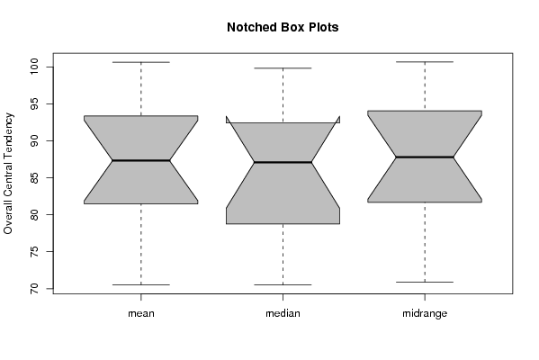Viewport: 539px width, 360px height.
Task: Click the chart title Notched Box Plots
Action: click(283, 27)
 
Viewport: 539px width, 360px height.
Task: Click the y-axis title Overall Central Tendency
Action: click(8, 174)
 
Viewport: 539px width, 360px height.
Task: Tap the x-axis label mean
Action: click(141, 313)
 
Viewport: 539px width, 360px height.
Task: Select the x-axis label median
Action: click(283, 313)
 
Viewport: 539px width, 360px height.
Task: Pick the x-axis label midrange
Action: click(425, 313)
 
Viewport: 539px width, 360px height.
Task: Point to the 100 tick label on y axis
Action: click(35, 67)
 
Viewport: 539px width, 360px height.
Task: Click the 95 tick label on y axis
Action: click(35, 103)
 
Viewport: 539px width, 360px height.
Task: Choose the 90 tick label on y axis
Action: click(35, 141)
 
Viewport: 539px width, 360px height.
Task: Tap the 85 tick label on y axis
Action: click(35, 178)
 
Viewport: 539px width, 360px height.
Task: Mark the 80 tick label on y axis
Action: click(35, 214)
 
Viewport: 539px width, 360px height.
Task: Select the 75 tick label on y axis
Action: click(35, 252)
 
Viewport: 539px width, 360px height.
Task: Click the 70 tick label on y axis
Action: click(35, 289)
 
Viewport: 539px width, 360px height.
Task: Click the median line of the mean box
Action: click(141, 160)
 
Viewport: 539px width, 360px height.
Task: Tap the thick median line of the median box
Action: click(283, 162)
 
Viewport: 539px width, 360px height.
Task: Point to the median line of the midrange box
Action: click(425, 157)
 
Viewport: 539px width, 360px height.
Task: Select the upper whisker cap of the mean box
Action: click(141, 62)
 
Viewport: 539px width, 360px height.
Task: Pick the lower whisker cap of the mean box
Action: click(141, 284)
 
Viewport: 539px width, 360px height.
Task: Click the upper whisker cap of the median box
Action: click(283, 68)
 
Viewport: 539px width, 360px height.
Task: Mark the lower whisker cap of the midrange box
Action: click(425, 282)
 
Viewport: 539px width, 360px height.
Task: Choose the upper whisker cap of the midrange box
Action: click(425, 62)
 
